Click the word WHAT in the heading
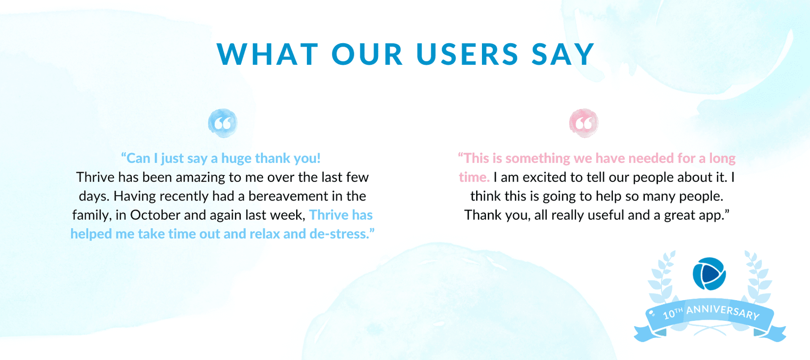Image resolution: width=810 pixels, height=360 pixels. tap(268, 54)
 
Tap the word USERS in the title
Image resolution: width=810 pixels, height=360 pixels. tap(467, 54)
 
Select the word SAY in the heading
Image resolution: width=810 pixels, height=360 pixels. tap(563, 54)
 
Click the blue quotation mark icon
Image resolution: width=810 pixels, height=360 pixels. tap(223, 123)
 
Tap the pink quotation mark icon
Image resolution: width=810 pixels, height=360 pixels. tap(583, 123)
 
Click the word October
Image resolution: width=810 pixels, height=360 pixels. tap(155, 215)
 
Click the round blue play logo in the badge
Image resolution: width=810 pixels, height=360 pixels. tap(709, 274)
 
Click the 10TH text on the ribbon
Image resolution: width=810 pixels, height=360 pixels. tap(672, 313)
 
